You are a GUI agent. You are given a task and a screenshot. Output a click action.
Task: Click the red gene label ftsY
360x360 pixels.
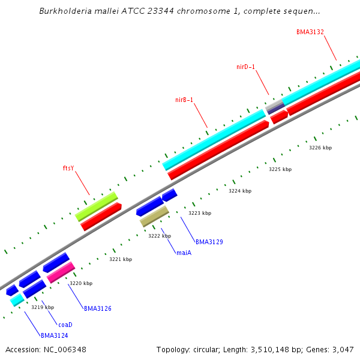68,168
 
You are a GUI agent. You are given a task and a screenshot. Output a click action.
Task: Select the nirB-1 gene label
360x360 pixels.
184,100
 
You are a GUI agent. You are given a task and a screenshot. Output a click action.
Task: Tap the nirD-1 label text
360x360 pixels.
246,67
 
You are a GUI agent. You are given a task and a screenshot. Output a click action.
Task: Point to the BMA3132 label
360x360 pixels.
310,31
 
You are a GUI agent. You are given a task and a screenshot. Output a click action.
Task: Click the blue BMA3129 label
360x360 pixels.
209,242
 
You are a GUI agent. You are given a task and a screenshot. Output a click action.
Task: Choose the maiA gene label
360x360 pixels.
184,253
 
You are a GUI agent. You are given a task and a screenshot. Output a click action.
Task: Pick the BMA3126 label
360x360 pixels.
97,308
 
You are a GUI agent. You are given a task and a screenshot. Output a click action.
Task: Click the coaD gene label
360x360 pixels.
65,325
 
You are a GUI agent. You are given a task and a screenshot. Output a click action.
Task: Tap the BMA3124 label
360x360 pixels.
55,335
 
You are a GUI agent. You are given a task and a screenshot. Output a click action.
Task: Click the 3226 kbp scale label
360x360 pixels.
320,148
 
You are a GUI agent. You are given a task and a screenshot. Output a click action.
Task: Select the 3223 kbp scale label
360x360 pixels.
200,213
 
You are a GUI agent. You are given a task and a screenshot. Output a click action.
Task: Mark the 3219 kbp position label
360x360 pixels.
43,307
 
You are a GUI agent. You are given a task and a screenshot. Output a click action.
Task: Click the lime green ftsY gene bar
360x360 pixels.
96,206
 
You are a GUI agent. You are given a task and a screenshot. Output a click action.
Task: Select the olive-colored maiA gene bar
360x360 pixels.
154,216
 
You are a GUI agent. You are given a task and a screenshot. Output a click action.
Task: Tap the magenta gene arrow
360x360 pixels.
61,272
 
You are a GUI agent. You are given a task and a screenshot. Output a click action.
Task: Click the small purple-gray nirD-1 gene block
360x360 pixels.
275,107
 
